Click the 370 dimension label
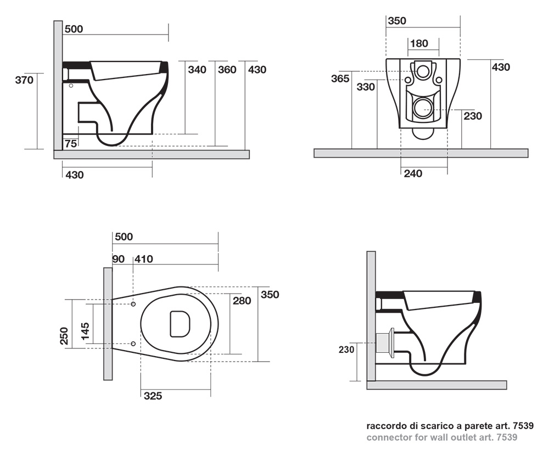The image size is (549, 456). tap(25, 80)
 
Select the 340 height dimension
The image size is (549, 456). tap(197, 70)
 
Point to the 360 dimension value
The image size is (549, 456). tap(227, 70)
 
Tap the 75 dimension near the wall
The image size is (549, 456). tap(70, 144)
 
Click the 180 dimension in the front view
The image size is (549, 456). tap(419, 43)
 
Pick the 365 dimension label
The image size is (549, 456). tap(340, 78)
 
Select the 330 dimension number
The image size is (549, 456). tap(366, 87)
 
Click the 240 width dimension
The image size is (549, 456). tap(413, 174)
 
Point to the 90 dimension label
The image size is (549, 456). tap(118, 259)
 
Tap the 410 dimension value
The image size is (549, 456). tap(144, 259)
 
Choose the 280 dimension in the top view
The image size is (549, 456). tap(242, 301)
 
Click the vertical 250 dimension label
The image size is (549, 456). tap(64, 336)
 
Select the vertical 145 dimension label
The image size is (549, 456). tap(86, 332)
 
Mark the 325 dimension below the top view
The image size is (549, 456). tap(153, 396)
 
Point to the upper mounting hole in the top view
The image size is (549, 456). tap(134, 303)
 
